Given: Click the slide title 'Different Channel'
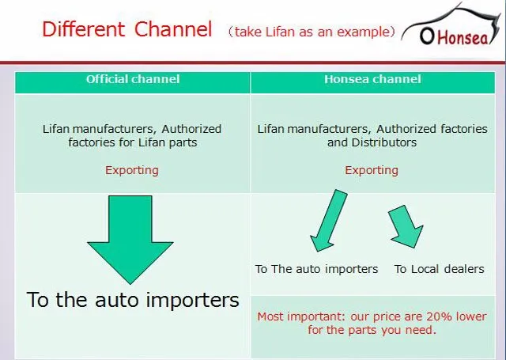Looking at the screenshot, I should [x=127, y=30].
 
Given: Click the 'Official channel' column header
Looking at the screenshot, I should [x=133, y=79].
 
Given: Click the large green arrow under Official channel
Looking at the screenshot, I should [x=130, y=237].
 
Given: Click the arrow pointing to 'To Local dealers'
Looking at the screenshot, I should [x=406, y=226].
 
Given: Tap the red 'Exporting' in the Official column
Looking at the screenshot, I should [x=132, y=170].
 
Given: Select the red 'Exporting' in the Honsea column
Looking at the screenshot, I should [x=372, y=170].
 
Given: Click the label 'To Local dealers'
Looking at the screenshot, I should [x=440, y=269].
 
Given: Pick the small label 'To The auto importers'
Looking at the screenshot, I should [x=316, y=269].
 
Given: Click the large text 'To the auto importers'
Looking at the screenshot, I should [x=133, y=300].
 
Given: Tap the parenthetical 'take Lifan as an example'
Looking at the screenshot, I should [x=311, y=32].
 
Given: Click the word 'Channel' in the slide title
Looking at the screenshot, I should [x=173, y=30].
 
